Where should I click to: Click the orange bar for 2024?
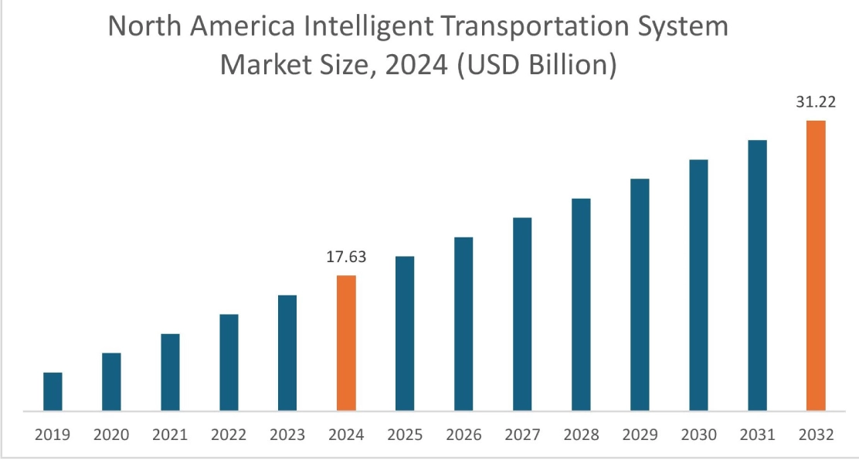346,343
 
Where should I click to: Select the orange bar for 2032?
816,265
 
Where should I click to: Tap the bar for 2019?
53,391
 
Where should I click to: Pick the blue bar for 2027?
522,314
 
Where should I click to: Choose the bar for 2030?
698,285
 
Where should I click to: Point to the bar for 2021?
170,372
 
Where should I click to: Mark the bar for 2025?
405,333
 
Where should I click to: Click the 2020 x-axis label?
111,435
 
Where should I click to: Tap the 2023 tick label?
287,435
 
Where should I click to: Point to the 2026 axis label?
463,435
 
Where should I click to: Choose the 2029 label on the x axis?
640,435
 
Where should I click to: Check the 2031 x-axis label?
757,435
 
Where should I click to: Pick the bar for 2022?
229,362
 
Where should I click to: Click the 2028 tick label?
581,435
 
